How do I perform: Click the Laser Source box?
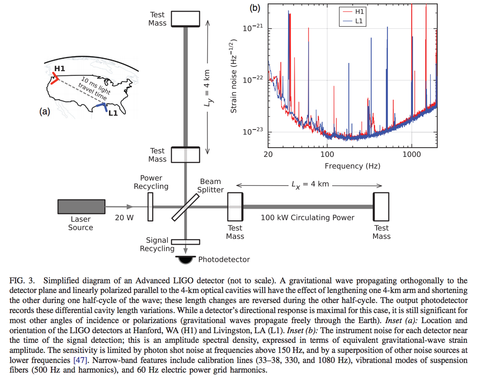click(x=81, y=207)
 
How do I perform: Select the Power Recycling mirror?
click(x=150, y=207)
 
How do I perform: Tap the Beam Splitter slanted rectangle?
click(x=186, y=207)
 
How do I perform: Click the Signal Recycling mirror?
click(x=186, y=242)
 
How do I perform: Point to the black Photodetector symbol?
click(x=185, y=260)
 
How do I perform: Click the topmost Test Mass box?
click(x=185, y=19)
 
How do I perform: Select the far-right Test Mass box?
click(x=381, y=207)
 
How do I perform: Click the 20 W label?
click(x=124, y=217)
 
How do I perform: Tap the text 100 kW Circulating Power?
click(x=307, y=217)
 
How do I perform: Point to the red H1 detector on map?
click(x=55, y=78)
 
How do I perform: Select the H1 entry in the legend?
click(x=353, y=12)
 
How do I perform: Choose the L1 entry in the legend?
click(x=353, y=21)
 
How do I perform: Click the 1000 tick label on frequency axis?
click(x=411, y=155)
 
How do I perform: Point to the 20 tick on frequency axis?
click(x=268, y=155)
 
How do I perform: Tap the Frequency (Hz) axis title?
click(x=353, y=166)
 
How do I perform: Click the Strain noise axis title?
click(x=233, y=76)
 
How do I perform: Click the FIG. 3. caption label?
click(x=22, y=280)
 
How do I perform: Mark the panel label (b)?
click(x=255, y=8)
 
